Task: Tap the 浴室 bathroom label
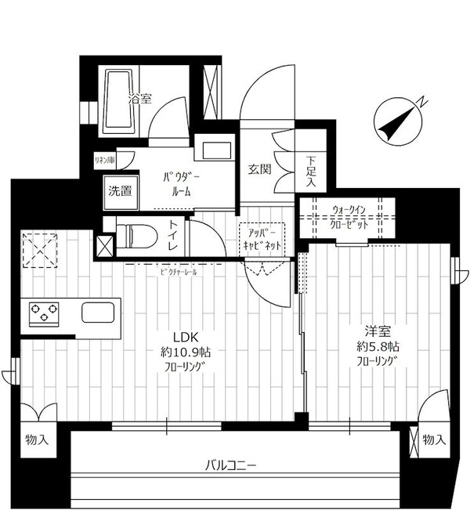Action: [140, 99]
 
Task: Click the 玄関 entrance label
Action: [260, 168]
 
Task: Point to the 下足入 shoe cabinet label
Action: [311, 172]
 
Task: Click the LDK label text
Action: [175, 338]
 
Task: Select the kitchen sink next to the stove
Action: [98, 314]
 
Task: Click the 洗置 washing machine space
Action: [119, 190]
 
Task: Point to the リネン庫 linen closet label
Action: [104, 161]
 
